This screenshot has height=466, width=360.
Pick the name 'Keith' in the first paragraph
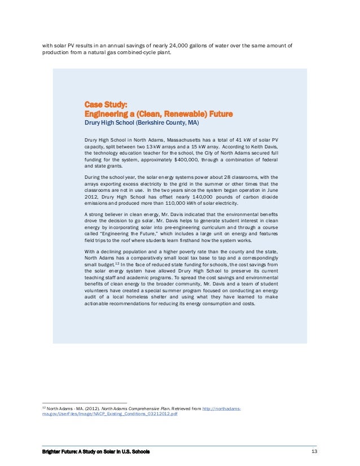(232, 146)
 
